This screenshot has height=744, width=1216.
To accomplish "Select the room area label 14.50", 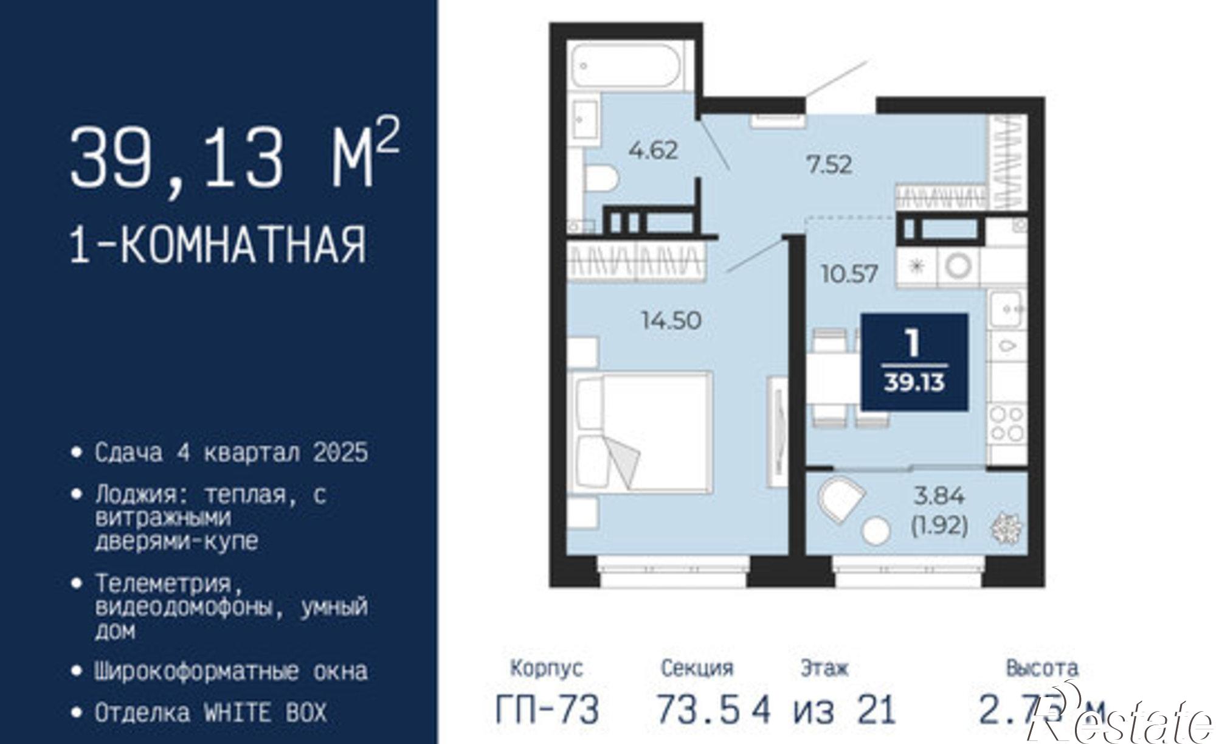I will [x=672, y=320].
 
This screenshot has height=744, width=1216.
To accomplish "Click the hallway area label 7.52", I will [x=829, y=164].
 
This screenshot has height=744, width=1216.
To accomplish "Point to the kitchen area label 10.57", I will [x=849, y=274].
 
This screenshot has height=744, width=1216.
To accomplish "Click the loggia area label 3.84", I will [x=939, y=496].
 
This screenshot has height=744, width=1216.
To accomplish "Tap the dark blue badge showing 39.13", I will [x=914, y=362].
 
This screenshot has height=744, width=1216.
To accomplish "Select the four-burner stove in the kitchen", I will [x=1006, y=424].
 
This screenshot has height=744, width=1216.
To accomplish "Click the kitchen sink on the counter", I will [x=1007, y=309].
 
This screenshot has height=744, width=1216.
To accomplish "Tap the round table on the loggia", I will [x=876, y=530].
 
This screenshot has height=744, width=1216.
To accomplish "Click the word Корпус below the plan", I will [x=547, y=668].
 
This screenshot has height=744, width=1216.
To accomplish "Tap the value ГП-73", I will [x=547, y=709].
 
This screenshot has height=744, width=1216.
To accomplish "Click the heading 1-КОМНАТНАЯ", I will [x=218, y=245].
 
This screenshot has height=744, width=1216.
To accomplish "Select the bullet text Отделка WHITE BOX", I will [x=210, y=712].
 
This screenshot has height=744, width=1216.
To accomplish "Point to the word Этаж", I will [x=824, y=668].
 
